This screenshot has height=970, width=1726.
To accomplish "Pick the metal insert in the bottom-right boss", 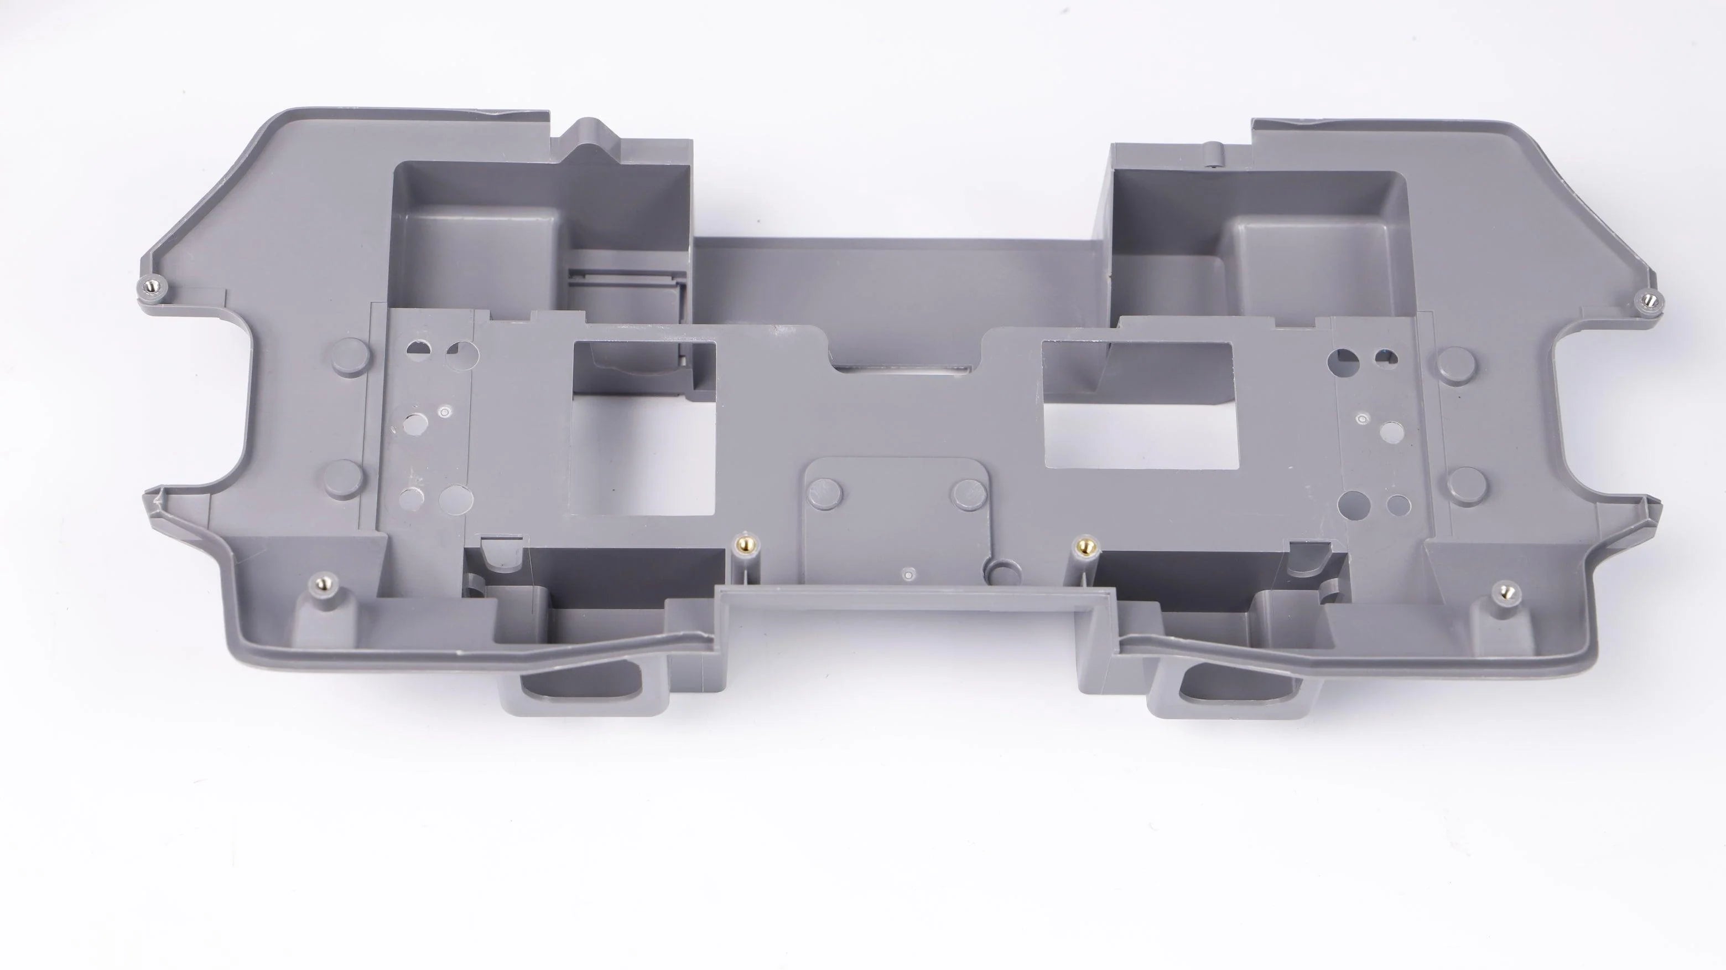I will (1506, 591).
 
